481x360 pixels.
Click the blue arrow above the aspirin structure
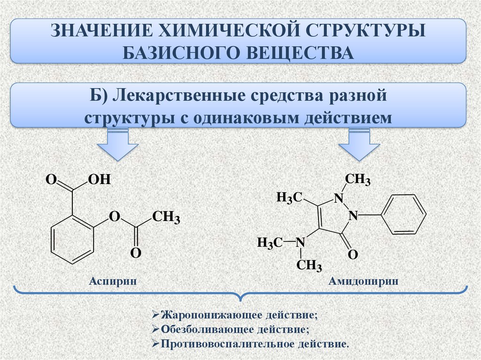point(118,145)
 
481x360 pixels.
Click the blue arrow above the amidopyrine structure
point(359,145)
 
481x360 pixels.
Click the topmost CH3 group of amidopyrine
point(358,179)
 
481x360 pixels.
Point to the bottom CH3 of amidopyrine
point(309,266)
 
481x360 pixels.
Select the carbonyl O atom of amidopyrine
point(353,254)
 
